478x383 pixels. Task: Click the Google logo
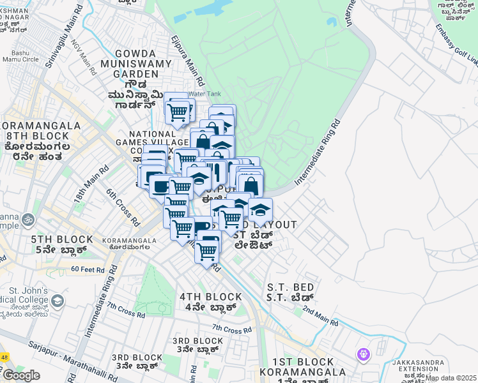(21, 375)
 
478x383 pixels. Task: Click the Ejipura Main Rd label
(187, 60)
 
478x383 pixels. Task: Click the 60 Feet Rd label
(88, 269)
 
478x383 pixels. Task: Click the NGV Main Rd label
(85, 57)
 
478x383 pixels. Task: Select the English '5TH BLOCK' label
(54, 240)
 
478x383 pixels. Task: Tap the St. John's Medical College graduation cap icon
(58, 300)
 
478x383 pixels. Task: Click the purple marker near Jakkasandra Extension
(364, 353)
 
